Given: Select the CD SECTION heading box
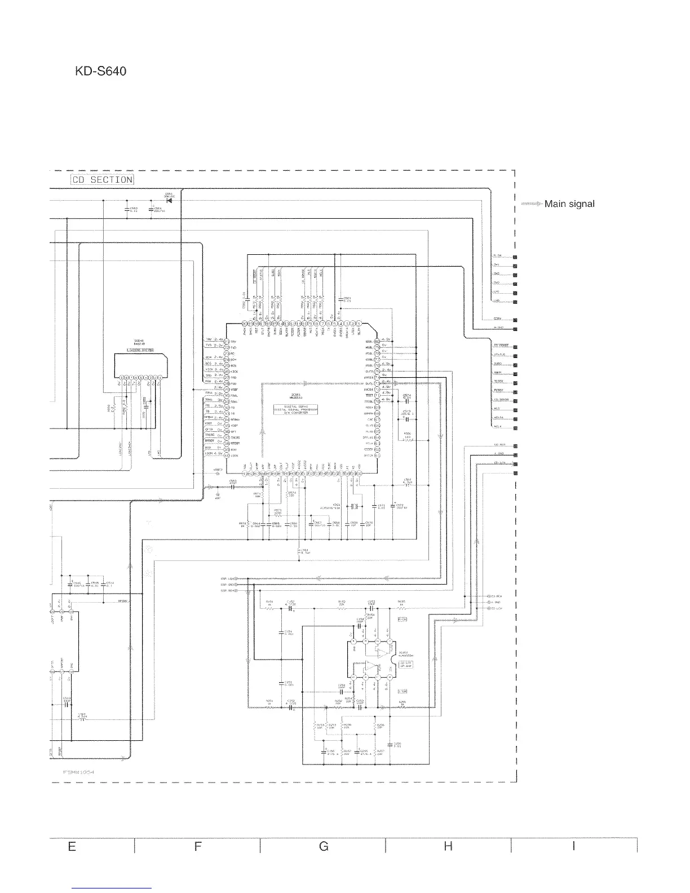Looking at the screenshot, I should [102, 180].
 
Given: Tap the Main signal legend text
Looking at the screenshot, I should [569, 204].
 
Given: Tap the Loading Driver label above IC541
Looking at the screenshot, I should [139, 351].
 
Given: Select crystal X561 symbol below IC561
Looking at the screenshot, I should [353, 506].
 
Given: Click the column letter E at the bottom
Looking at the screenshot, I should [72, 846].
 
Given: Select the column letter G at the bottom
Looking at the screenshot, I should [324, 846].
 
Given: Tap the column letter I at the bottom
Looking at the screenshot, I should [573, 846].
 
